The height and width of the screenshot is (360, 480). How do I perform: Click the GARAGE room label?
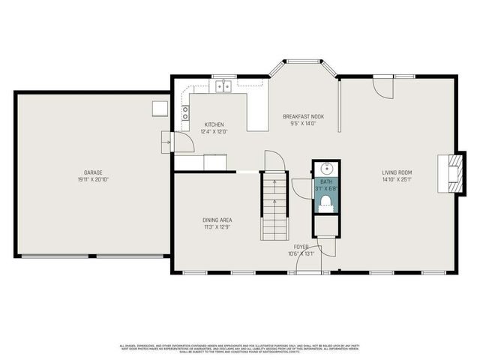point(93,172)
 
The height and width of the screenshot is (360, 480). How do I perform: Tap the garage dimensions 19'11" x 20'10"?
point(93,180)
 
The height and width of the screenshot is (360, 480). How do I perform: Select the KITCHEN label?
point(214,124)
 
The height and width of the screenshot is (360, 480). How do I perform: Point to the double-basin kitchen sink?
point(223,88)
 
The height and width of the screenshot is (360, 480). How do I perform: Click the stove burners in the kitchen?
point(184,113)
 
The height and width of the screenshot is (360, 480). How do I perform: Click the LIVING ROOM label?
point(397,172)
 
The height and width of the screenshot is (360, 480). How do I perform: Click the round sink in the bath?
point(326,169)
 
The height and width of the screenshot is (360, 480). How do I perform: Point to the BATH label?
point(326,181)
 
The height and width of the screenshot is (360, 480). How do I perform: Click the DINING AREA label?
point(217,220)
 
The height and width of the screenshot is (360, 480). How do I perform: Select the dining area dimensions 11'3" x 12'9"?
point(217,227)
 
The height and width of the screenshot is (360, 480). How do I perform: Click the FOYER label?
point(301,246)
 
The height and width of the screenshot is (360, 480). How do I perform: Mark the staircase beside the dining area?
point(275,206)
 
